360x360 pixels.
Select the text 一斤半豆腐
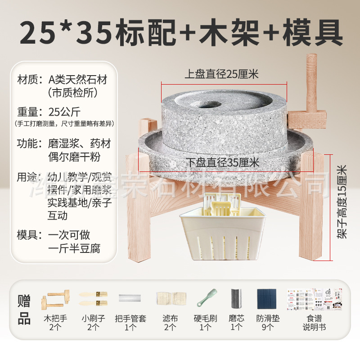[x=74, y=248]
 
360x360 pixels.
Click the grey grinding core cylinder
[x=236, y=298]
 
